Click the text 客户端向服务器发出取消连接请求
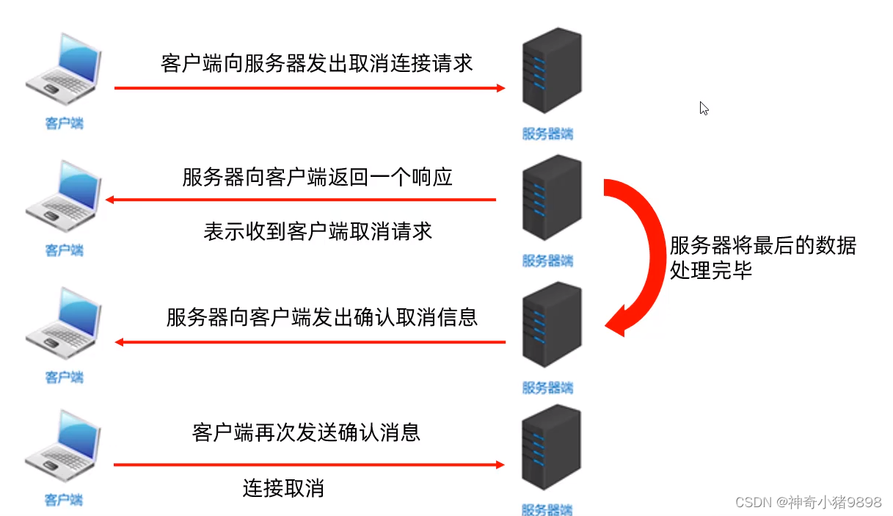[x=316, y=62]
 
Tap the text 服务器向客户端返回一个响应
[x=317, y=178]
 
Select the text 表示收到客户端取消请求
[x=317, y=232]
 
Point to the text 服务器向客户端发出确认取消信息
[x=321, y=318]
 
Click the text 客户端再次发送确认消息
[x=306, y=432]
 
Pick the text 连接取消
[x=283, y=488]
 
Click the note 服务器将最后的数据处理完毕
[x=762, y=258]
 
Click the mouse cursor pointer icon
[x=704, y=109]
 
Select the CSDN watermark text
[x=807, y=502]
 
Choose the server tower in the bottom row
[x=550, y=449]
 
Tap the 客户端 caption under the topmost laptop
[x=64, y=123]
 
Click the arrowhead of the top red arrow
[x=500, y=88]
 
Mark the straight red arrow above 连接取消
[x=308, y=465]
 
